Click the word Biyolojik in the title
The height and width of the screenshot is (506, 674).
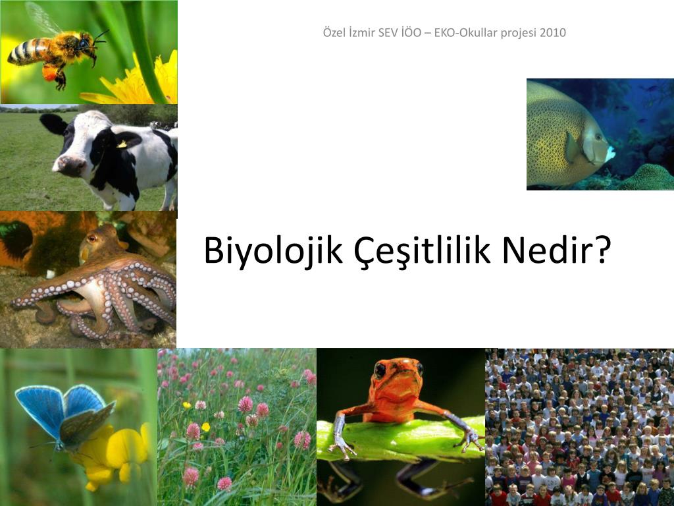click(273, 251)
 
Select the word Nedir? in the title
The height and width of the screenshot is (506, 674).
click(557, 250)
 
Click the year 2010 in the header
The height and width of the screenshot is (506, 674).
click(553, 33)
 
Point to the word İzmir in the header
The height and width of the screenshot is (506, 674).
click(361, 33)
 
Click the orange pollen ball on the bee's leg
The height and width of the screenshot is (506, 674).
click(50, 73)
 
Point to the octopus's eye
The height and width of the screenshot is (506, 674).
click(91, 238)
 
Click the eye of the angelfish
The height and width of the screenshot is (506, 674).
click(598, 137)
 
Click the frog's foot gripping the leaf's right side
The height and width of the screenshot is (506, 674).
click(471, 438)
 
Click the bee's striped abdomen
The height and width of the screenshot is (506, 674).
click(28, 52)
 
